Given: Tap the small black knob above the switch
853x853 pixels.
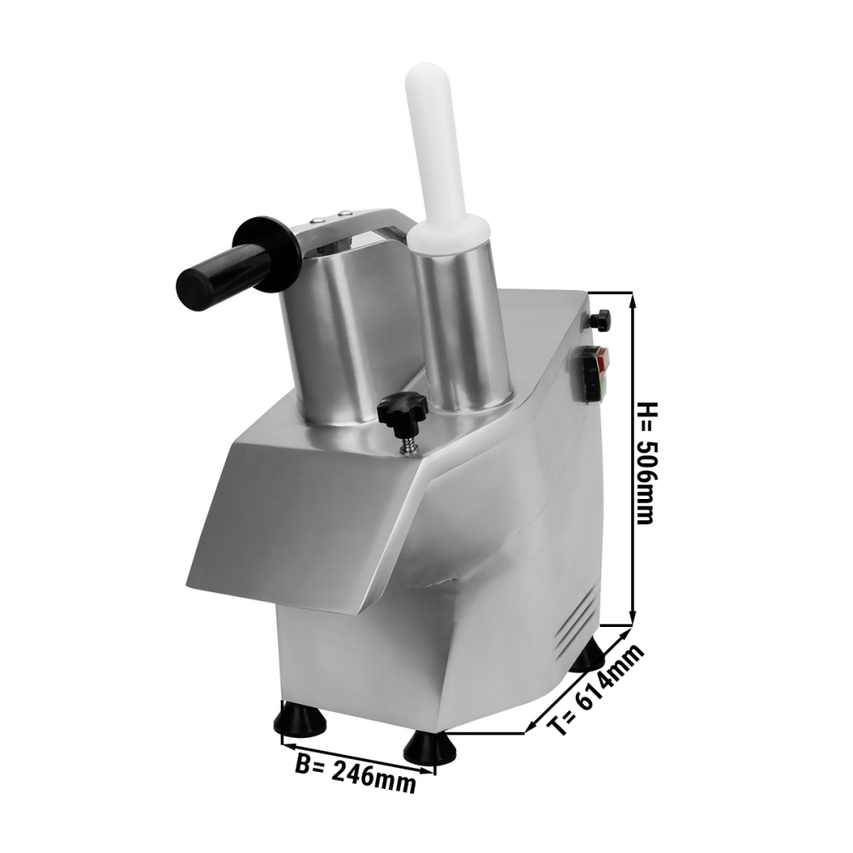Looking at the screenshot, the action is pos(601,319).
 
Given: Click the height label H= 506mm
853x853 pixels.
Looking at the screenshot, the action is pos(647,463).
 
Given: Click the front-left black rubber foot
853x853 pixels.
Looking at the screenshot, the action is pos(300,718).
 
